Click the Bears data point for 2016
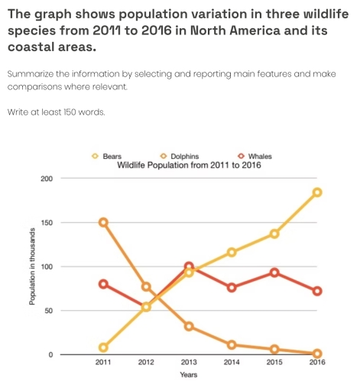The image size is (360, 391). (x=317, y=192)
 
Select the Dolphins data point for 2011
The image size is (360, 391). (x=103, y=222)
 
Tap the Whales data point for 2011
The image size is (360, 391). (x=103, y=284)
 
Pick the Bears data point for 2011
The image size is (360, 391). (x=103, y=347)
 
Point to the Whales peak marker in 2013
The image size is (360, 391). (x=189, y=267)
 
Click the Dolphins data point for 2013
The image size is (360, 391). (x=189, y=327)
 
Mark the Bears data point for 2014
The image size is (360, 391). (x=232, y=252)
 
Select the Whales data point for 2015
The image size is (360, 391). (x=274, y=273)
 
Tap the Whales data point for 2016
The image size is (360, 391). (x=317, y=291)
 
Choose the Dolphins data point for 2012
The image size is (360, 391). (x=146, y=286)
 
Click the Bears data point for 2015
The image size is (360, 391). (x=274, y=234)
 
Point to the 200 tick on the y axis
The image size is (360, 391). (x=45, y=179)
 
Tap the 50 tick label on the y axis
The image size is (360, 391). (x=47, y=311)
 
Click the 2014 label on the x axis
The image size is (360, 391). (x=232, y=364)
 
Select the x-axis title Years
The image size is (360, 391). (x=188, y=375)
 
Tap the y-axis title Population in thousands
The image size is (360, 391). (x=31, y=267)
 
